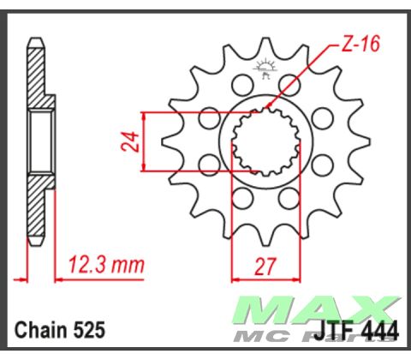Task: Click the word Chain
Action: click(x=42, y=329)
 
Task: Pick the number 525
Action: click(x=92, y=329)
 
